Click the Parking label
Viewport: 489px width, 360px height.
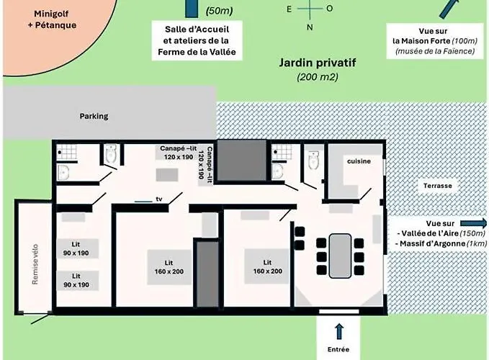pos(94,116)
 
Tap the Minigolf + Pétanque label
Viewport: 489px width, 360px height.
pos(52,19)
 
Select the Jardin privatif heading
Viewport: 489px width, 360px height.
pos(318,63)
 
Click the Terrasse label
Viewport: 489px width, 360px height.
pos(438,186)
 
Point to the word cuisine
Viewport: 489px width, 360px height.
pos(359,161)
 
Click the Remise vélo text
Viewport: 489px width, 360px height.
pos(35,264)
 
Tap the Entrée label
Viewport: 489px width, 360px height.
pos(338,349)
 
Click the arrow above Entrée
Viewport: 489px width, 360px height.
pos(339,331)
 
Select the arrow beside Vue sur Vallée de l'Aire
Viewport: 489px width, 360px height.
pos(473,223)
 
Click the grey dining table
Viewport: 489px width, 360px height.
pos(340,256)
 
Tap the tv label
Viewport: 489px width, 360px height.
pos(159,199)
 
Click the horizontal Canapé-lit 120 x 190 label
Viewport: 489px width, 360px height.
pos(179,153)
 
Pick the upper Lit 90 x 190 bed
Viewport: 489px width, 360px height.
pos(77,248)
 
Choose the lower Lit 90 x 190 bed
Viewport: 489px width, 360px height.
pos(77,281)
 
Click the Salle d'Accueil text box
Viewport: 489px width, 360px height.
pos(197,40)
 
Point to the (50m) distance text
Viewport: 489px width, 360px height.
pos(219,11)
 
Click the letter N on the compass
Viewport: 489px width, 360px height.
pos(310,27)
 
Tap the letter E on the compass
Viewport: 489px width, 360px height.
pos(289,9)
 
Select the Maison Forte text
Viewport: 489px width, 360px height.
pos(426,41)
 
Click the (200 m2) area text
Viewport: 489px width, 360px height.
pos(318,77)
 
